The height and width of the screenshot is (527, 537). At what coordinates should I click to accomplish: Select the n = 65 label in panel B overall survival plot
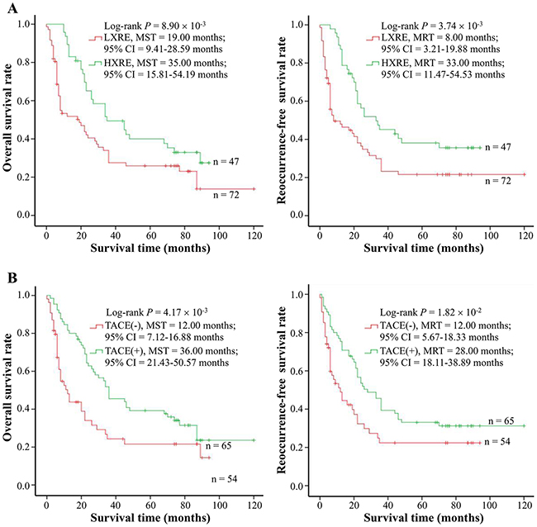[x=229, y=447]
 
